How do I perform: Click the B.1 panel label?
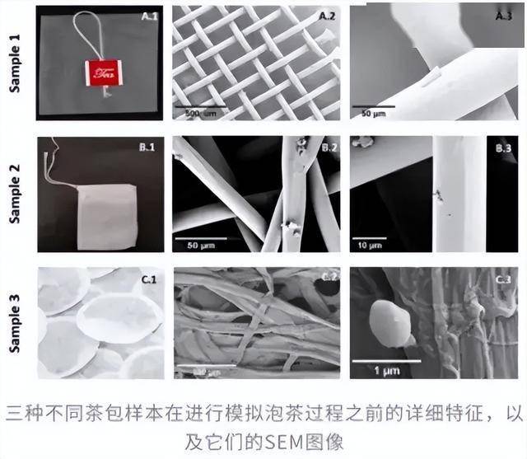(x=149, y=148)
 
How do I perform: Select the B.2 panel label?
(x=327, y=148)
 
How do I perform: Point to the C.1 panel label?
(x=149, y=280)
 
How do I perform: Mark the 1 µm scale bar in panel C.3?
(x=386, y=360)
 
